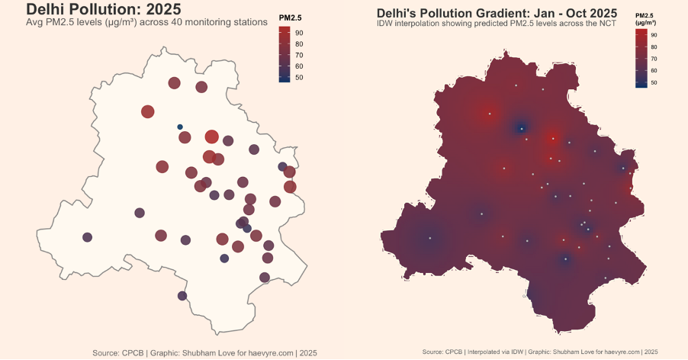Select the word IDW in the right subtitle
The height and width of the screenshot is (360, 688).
[385, 24]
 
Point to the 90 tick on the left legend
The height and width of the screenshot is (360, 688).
[299, 33]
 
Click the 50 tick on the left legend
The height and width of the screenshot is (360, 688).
[299, 77]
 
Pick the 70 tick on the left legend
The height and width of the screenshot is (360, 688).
[299, 55]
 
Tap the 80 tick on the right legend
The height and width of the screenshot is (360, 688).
[654, 47]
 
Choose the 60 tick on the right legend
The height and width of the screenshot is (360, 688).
[654, 70]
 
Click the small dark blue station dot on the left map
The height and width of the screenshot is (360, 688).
[180, 127]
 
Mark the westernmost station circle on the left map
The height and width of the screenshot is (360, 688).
[87, 237]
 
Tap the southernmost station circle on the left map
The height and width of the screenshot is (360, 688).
[182, 296]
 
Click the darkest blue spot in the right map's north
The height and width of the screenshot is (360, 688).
[521, 128]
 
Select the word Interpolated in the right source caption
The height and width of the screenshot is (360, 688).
[482, 352]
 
